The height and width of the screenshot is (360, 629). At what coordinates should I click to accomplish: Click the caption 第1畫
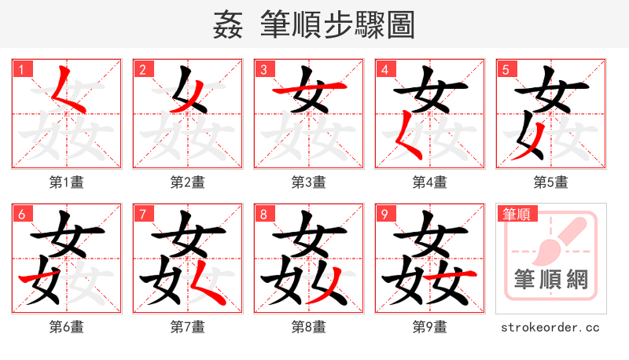[x=67, y=182]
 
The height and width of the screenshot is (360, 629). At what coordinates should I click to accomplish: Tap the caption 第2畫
[x=188, y=182]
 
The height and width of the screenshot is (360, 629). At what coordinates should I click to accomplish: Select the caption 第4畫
[x=430, y=182]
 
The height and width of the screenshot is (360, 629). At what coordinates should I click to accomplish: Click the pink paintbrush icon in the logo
[x=550, y=240]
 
